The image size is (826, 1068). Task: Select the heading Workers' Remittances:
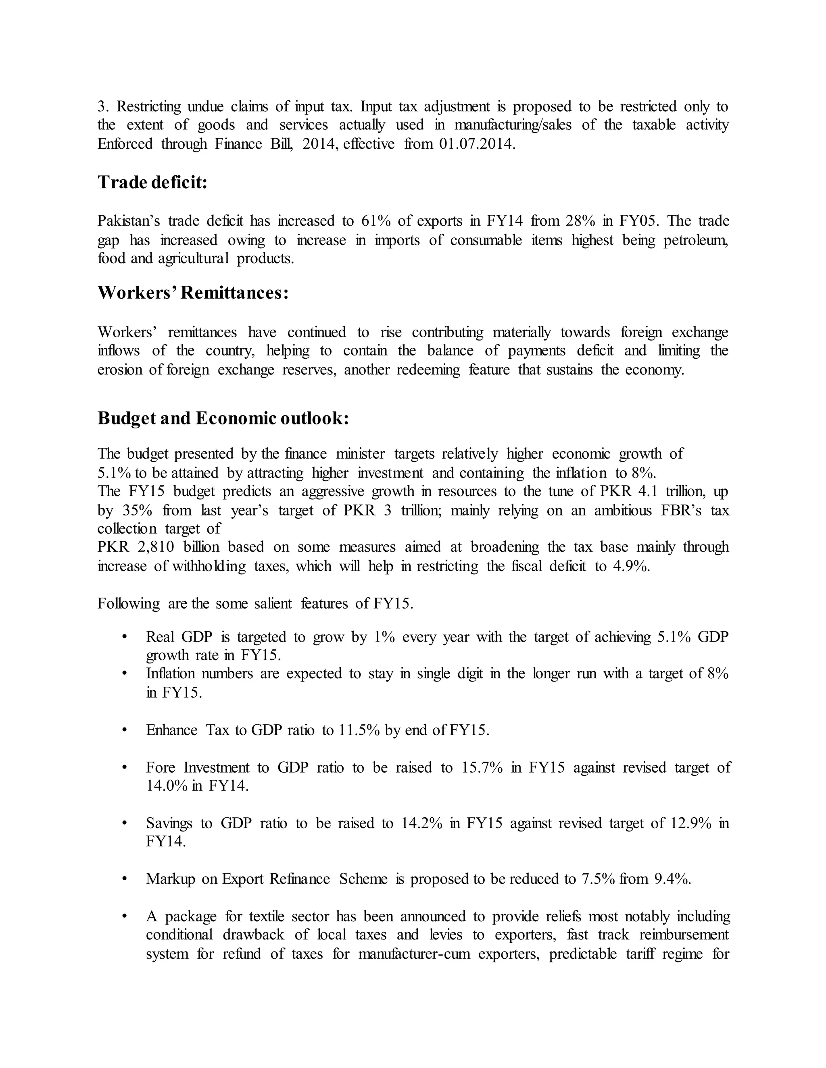(193, 293)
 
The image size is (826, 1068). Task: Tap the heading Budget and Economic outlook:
(223, 418)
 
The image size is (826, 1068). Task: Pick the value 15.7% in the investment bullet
(482, 767)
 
